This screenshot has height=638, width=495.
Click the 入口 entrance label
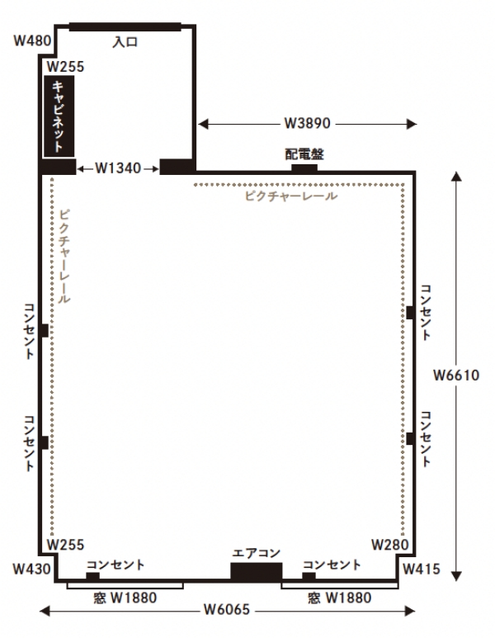125,42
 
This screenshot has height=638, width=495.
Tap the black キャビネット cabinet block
59,116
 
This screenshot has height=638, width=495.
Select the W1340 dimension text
118,168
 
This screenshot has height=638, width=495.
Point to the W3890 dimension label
307,123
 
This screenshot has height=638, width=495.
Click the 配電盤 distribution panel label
304,154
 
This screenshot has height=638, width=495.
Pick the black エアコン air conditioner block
257,570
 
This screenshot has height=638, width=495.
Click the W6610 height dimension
456,376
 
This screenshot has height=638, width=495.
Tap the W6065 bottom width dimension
227,609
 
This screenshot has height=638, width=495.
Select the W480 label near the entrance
32,40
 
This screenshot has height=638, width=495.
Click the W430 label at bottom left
31,569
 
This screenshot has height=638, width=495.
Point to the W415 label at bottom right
422,569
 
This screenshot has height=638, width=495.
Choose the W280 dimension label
390,545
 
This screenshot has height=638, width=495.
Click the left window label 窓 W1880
125,598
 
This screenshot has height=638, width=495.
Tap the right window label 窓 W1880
340,598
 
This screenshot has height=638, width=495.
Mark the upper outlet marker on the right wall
411,313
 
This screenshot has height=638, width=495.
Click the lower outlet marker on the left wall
44,442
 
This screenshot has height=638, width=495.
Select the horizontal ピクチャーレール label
291,196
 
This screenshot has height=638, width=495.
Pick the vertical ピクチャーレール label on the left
64,257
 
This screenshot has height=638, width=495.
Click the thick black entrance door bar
125,27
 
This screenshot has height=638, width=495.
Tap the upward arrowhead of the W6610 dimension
456,176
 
